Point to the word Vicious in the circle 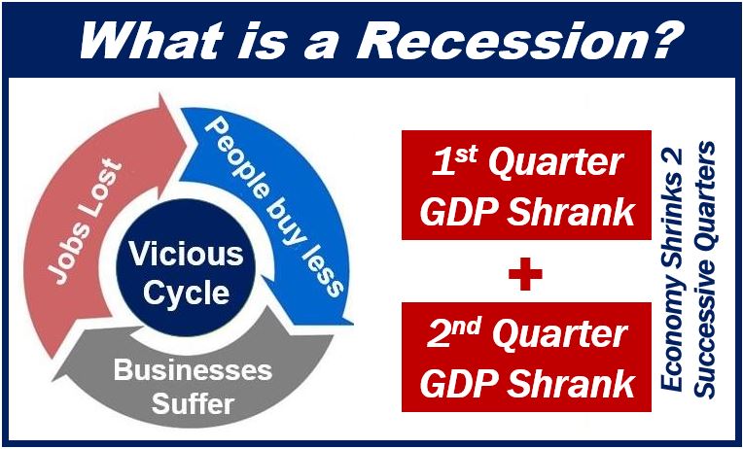(186, 254)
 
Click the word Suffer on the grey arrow (193, 404)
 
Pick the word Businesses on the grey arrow (193, 370)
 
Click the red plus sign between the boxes (525, 274)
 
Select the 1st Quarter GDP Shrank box (526, 186)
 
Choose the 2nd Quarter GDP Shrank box (526, 357)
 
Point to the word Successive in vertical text (706, 340)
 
